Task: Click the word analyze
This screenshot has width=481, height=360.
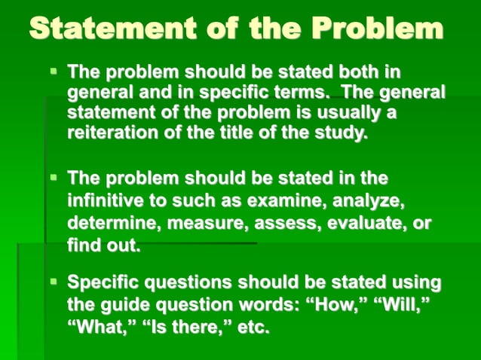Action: point(366,202)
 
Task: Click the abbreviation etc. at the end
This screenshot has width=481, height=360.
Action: point(253,328)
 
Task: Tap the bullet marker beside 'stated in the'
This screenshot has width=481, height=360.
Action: point(54,178)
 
